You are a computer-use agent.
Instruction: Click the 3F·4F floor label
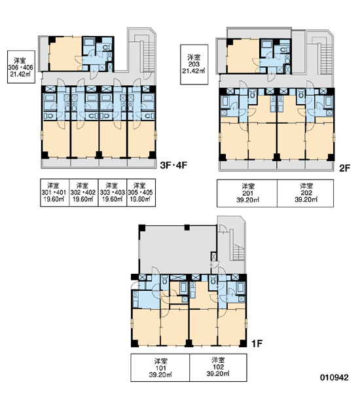(x=173, y=166)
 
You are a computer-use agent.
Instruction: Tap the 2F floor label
(x=344, y=168)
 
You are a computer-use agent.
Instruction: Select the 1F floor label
(x=257, y=343)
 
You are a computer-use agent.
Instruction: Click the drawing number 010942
(x=334, y=377)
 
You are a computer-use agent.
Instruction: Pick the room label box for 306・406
(x=21, y=67)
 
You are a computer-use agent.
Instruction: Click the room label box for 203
(x=194, y=64)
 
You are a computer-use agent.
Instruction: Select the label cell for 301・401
(x=54, y=193)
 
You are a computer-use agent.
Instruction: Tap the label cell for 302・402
(x=83, y=193)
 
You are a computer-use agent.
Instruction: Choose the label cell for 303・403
(x=113, y=193)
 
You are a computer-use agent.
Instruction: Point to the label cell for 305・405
(x=141, y=193)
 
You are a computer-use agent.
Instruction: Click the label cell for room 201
(x=247, y=193)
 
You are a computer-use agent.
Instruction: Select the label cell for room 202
(x=306, y=193)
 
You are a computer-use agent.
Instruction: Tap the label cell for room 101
(x=160, y=367)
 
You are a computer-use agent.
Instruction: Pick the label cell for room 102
(x=218, y=367)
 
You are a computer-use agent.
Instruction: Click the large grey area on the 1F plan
(x=175, y=250)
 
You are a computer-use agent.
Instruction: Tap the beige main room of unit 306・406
(x=65, y=54)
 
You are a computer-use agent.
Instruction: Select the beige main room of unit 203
(x=243, y=56)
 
